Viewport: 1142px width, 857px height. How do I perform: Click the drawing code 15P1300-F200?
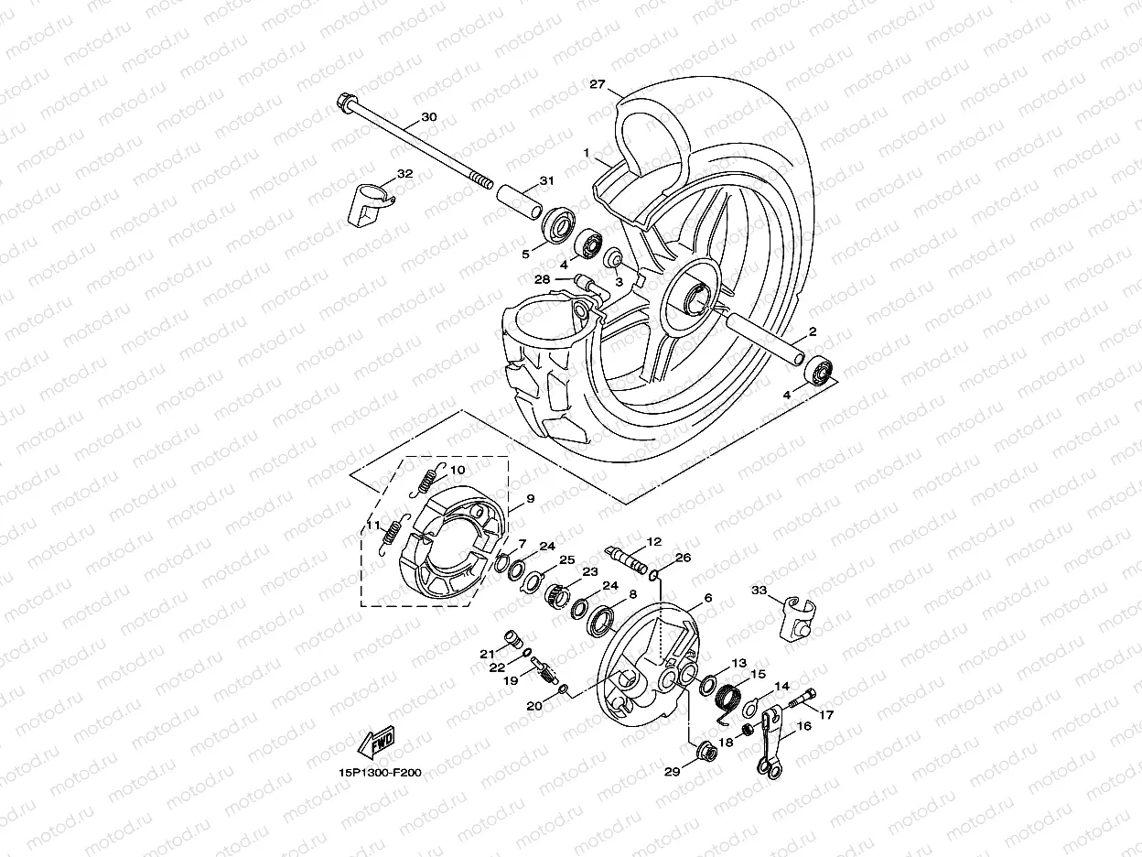tap(379, 772)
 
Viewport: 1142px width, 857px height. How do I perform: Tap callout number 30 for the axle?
tap(428, 118)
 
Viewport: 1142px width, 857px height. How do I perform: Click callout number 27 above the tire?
tap(598, 84)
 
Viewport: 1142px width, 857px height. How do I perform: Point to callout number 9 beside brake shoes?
tap(530, 501)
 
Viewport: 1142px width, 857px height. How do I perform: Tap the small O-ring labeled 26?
tap(653, 575)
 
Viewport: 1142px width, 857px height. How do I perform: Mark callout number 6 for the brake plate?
tap(707, 598)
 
